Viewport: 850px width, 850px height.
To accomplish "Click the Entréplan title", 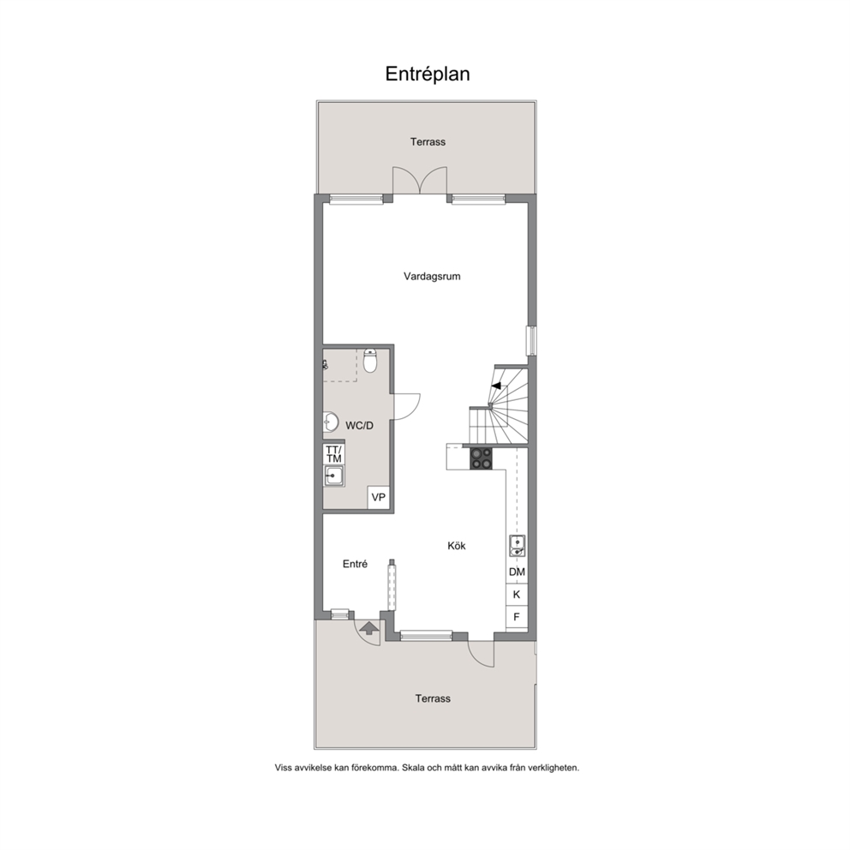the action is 428,75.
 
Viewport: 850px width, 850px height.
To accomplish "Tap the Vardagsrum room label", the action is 432,277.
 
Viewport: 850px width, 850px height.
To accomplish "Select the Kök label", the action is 457,546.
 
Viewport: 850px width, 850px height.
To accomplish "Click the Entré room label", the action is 355,565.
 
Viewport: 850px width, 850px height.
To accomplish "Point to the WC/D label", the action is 359,426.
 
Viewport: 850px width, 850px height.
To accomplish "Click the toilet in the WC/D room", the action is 370,361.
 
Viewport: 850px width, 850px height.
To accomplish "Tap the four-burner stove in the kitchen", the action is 481,458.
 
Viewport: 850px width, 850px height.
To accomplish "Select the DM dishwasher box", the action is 518,572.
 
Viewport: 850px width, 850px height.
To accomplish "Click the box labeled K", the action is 517,595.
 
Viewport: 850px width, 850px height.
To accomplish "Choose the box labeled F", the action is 517,617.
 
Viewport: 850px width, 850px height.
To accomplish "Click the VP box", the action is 379,497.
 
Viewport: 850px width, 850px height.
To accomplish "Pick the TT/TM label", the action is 334,454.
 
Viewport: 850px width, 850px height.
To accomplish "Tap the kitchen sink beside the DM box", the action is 518,546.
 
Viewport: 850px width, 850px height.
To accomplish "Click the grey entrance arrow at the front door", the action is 369,628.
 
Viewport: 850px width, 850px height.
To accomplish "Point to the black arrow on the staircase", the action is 497,386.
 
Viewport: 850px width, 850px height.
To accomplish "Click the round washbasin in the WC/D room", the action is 330,422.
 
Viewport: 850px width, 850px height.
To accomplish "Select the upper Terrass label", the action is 428,142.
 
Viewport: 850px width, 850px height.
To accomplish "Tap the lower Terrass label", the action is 433,698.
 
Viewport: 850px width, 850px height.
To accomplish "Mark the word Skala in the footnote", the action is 415,768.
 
